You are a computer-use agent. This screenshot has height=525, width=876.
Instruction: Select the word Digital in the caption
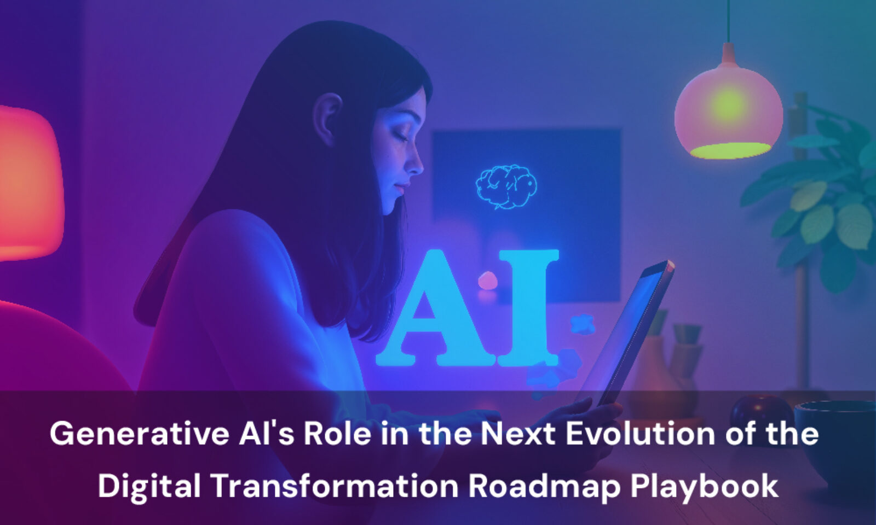pos(149,486)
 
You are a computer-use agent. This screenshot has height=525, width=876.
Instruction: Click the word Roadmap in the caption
pos(545,486)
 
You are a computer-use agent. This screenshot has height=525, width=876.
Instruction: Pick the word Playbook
pos(704,486)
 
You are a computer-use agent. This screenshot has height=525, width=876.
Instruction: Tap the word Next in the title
pos(520,434)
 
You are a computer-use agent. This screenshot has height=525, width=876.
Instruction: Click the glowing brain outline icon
pos(506,186)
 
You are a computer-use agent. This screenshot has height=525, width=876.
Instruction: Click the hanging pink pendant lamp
pos(728,115)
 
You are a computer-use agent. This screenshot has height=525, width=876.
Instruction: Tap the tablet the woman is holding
pos(630,328)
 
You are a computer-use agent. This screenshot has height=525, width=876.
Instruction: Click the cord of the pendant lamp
pos(728,22)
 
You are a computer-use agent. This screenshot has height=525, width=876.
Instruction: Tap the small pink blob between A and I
pos(487,281)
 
